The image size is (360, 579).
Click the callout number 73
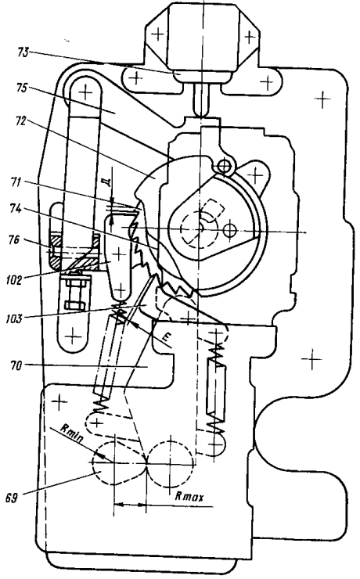click(x=23, y=52)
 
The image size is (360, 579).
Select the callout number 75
click(x=22, y=88)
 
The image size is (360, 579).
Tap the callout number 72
click(x=21, y=120)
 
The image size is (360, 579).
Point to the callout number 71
click(x=16, y=182)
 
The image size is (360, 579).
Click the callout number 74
click(x=16, y=209)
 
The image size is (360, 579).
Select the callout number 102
click(x=14, y=279)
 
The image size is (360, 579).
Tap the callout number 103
click(x=14, y=318)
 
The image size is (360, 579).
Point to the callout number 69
click(x=12, y=498)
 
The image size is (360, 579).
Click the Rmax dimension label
click(x=189, y=496)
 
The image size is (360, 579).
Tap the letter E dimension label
click(x=167, y=336)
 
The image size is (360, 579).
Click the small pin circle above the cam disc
click(x=224, y=167)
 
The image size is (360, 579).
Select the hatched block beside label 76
click(x=74, y=251)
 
